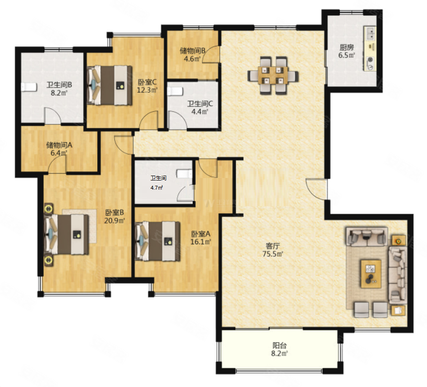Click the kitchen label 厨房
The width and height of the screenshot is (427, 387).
click(x=347, y=47)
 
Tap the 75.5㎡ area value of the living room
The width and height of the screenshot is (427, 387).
click(x=273, y=254)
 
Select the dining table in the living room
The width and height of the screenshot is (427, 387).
click(x=273, y=75)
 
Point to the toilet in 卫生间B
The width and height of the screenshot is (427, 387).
click(x=29, y=87)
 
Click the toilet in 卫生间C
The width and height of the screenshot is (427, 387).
click(x=175, y=91)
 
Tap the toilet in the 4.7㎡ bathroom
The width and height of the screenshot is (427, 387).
click(x=184, y=174)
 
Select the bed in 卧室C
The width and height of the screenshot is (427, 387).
click(x=109, y=85)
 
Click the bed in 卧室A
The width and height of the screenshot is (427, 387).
click(x=157, y=241)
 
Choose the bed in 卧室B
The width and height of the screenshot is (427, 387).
click(x=66, y=235)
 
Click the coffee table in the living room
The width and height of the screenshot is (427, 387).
click(x=371, y=274)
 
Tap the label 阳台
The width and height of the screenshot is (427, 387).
click(x=280, y=345)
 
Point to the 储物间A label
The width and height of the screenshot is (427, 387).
click(x=59, y=145)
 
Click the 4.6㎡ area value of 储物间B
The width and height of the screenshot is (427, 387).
click(x=192, y=59)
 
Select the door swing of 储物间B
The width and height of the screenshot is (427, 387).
click(x=211, y=55)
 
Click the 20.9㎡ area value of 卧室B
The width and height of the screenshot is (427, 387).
click(x=114, y=221)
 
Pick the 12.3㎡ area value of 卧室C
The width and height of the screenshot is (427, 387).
click(x=147, y=90)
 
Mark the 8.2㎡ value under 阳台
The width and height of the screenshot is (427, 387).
click(x=280, y=354)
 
